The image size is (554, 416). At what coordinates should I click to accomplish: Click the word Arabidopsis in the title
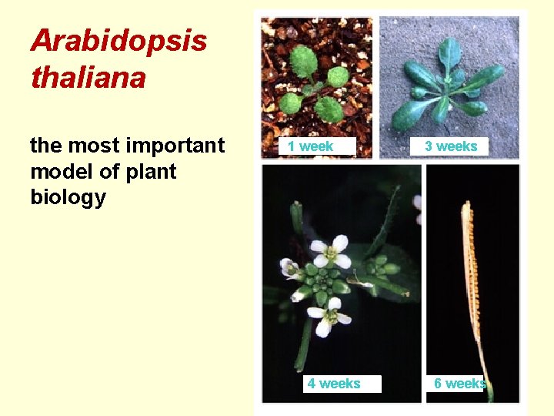coord(118,41)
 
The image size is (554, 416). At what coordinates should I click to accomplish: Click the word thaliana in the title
coord(88,77)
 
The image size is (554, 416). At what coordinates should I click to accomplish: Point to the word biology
coord(68,197)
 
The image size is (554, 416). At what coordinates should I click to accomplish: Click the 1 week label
coord(311,146)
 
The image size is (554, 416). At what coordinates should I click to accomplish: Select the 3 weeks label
coord(452,146)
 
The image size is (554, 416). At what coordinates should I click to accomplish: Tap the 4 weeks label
coord(334,384)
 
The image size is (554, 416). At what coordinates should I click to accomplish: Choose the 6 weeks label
coord(459,384)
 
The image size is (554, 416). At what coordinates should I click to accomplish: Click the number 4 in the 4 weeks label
coord(312,384)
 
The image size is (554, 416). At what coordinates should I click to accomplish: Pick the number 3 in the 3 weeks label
coord(429,146)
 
